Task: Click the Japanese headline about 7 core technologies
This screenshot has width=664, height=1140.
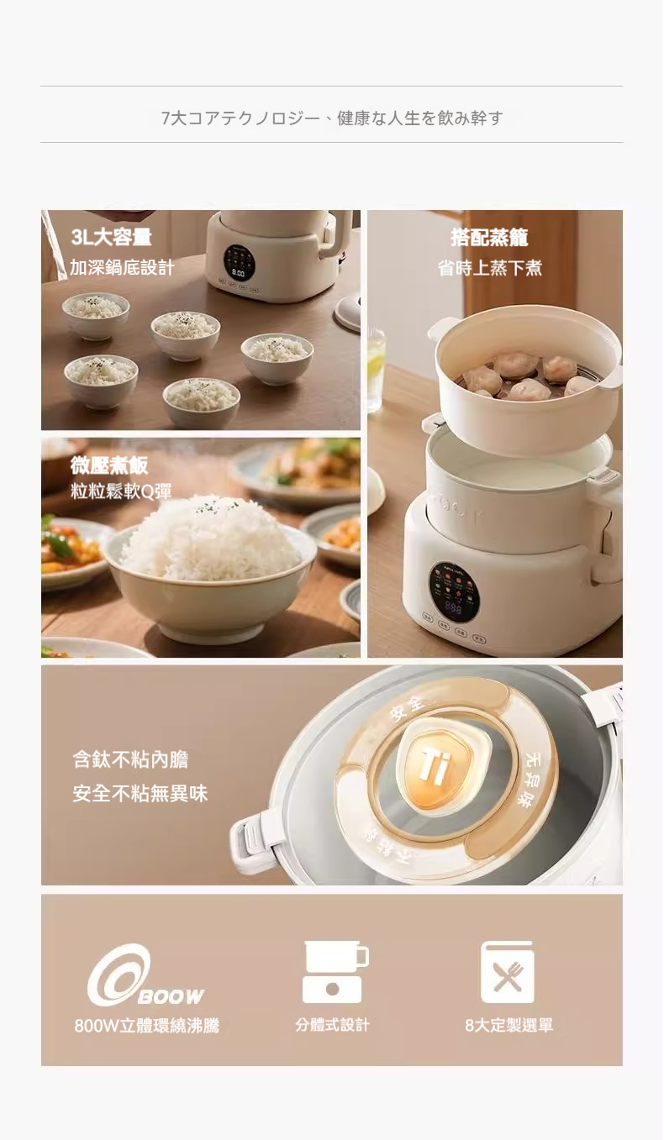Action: [x=331, y=118]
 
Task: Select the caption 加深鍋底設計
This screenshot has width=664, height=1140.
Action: [x=122, y=268]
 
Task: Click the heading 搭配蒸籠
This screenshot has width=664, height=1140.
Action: [x=489, y=238]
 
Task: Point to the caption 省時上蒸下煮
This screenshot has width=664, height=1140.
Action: [x=489, y=268]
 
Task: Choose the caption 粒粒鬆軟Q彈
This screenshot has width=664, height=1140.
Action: [x=121, y=492]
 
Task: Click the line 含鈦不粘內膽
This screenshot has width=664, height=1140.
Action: [x=130, y=759]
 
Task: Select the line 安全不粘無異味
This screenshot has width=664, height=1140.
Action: [x=140, y=793]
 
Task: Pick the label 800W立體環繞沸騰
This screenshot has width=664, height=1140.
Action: [x=146, y=1026]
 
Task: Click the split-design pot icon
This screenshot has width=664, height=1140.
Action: [x=334, y=972]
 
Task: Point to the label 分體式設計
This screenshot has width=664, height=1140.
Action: [x=332, y=1025]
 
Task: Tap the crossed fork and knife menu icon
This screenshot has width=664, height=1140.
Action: [x=508, y=973]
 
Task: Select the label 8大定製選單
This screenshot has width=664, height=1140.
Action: [x=509, y=1026]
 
